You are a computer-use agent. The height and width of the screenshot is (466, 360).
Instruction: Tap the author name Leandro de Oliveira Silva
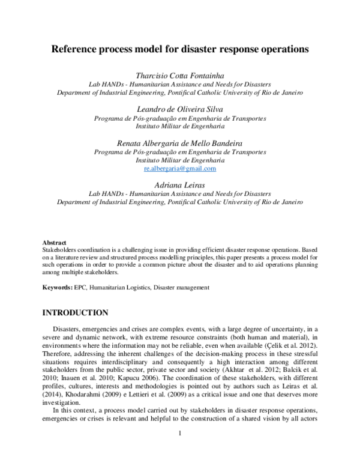[180, 109]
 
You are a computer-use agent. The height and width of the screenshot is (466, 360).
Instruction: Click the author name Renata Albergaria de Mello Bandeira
[180, 143]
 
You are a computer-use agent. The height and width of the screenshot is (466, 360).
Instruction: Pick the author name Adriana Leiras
[180, 186]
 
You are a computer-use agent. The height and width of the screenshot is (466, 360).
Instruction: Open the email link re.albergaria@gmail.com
[180, 169]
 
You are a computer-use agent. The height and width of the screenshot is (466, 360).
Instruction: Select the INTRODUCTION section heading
[74, 313]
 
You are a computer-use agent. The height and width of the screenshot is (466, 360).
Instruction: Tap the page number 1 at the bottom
[180, 447]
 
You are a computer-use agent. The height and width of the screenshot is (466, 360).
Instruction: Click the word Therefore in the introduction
[58, 356]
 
